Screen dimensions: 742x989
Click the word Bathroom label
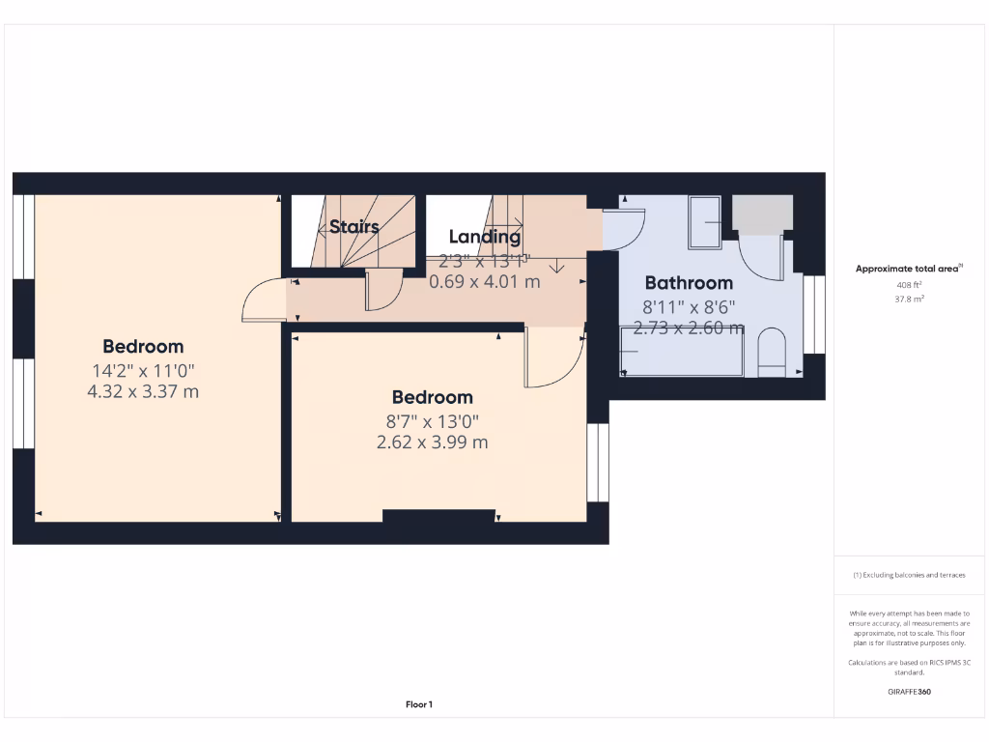click(x=689, y=283)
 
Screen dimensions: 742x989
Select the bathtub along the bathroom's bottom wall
click(x=681, y=352)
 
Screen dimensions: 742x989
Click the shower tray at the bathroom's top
click(x=704, y=221)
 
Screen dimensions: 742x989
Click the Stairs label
click(x=353, y=227)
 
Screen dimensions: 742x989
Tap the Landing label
click(x=485, y=237)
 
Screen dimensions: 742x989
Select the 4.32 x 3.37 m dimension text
click(x=142, y=391)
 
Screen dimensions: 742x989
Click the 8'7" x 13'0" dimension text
click(x=432, y=421)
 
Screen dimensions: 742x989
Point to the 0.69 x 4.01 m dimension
click(x=485, y=282)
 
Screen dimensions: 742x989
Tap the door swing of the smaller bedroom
click(x=553, y=357)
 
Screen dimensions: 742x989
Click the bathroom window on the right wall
click(x=814, y=314)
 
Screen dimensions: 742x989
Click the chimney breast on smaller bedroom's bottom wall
click(x=438, y=516)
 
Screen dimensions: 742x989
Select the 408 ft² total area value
click(x=909, y=285)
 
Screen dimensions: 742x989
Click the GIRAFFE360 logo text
click(x=909, y=692)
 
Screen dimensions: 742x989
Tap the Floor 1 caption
click(x=418, y=704)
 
